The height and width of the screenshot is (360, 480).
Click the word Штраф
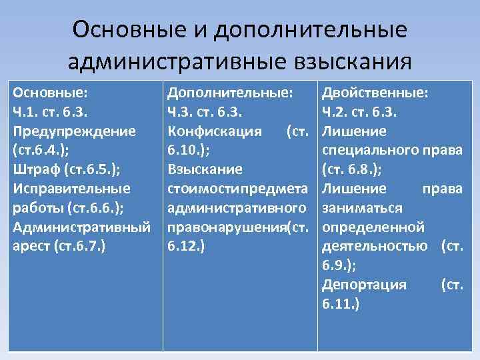point(35,169)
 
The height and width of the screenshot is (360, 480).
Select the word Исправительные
point(71,189)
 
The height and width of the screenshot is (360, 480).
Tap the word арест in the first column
point(32,245)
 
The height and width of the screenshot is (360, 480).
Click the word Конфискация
point(215,131)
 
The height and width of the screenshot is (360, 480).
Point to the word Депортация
point(363,284)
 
